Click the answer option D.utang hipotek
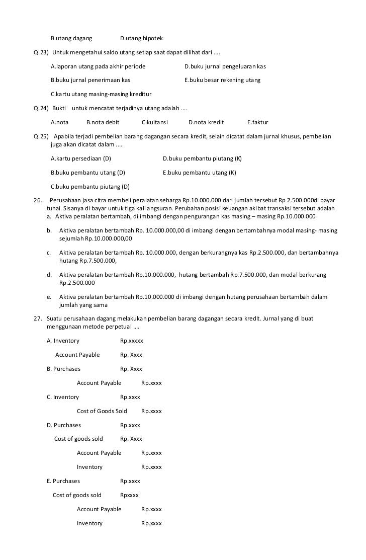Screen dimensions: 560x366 pyautogui.click(x=141, y=38)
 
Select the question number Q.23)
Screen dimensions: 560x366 pyautogui.click(x=41, y=52)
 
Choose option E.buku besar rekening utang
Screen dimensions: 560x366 pyautogui.click(x=222, y=80)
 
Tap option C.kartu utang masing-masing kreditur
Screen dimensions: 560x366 pyautogui.click(x=101, y=94)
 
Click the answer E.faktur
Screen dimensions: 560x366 pyautogui.click(x=258, y=122)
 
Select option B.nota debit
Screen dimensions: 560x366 pyautogui.click(x=103, y=122)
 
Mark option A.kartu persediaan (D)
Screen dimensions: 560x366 pyautogui.click(x=81, y=158)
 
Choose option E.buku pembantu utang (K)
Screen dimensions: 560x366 pyautogui.click(x=200, y=173)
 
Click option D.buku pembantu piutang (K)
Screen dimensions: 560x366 pyautogui.click(x=202, y=158)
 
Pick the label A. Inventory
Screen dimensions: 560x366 pyautogui.click(x=63, y=341)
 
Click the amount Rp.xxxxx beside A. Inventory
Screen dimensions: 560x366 pyautogui.click(x=131, y=341)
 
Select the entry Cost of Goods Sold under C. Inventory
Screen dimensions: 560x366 pyautogui.click(x=102, y=411)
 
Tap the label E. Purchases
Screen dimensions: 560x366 pyautogui.click(x=63, y=481)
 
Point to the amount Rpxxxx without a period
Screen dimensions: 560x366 pyautogui.click(x=129, y=495)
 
